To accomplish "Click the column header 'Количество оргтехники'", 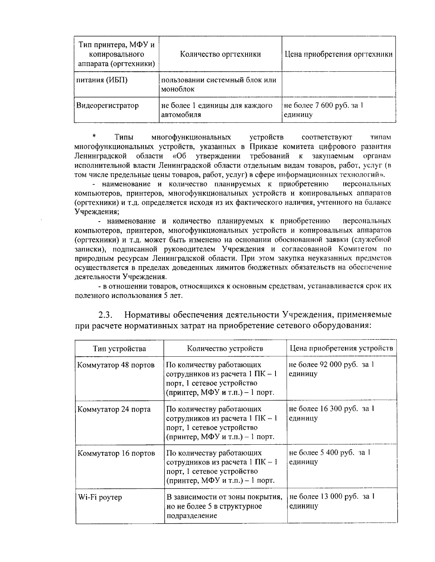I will tap(220, 54).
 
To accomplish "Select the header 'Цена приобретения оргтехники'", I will tap(338, 54).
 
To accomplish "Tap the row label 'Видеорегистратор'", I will tap(107, 106).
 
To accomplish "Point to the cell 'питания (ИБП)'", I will tap(101, 80).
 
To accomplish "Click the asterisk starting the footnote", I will tap(94, 137).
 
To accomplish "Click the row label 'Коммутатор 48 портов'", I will tap(116, 365).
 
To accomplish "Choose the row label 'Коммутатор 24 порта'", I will tap(114, 409).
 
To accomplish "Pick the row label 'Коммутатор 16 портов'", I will tap(116, 453).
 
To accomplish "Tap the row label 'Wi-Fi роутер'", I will tap(100, 497).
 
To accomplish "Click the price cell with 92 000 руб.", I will tap(331, 369).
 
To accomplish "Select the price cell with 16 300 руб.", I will tap(331, 413).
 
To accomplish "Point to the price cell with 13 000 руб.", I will tap(332, 501).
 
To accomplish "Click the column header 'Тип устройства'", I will tap(119, 348).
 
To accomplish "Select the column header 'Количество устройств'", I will tap(225, 348).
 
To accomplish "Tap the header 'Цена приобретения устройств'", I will tap(341, 348).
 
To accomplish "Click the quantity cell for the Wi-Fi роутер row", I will tap(224, 506).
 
